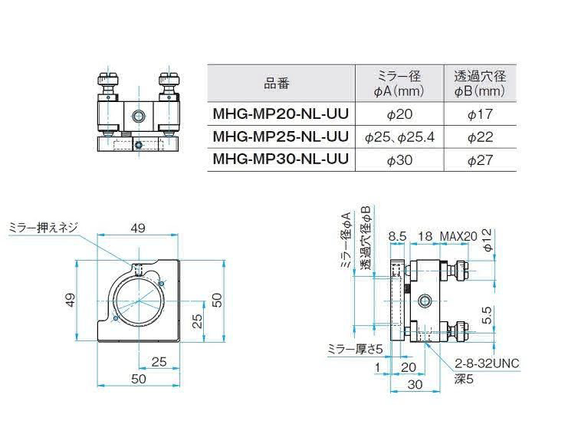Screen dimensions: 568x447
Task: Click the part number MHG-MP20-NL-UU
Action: tap(281, 113)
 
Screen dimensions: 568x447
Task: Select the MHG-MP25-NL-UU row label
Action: tap(281, 136)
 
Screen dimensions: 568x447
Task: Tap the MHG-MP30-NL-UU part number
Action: tap(281, 159)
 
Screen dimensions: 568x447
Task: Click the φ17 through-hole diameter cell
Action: tap(480, 114)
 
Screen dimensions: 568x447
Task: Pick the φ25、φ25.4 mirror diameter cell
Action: tap(399, 137)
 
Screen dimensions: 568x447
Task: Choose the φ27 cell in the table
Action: tap(480, 159)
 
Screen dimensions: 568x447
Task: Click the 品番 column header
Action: tap(277, 84)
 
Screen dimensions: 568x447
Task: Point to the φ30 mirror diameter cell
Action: tap(399, 159)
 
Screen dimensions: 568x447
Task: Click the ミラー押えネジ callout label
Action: tap(43, 228)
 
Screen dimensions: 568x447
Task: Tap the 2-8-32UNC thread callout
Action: tap(487, 363)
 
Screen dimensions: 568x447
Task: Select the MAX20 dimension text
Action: tap(458, 237)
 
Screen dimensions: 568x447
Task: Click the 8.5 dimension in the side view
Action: tap(397, 237)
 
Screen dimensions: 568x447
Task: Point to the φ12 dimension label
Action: tap(488, 241)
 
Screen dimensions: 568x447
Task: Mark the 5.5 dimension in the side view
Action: tap(488, 315)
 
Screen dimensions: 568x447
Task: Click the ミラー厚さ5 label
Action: tap(355, 349)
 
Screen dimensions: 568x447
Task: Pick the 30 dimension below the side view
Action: tap(415, 384)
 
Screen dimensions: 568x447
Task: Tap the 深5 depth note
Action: tap(464, 380)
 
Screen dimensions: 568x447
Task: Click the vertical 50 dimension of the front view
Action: tap(217, 301)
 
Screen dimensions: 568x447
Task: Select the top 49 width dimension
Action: tap(138, 228)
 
